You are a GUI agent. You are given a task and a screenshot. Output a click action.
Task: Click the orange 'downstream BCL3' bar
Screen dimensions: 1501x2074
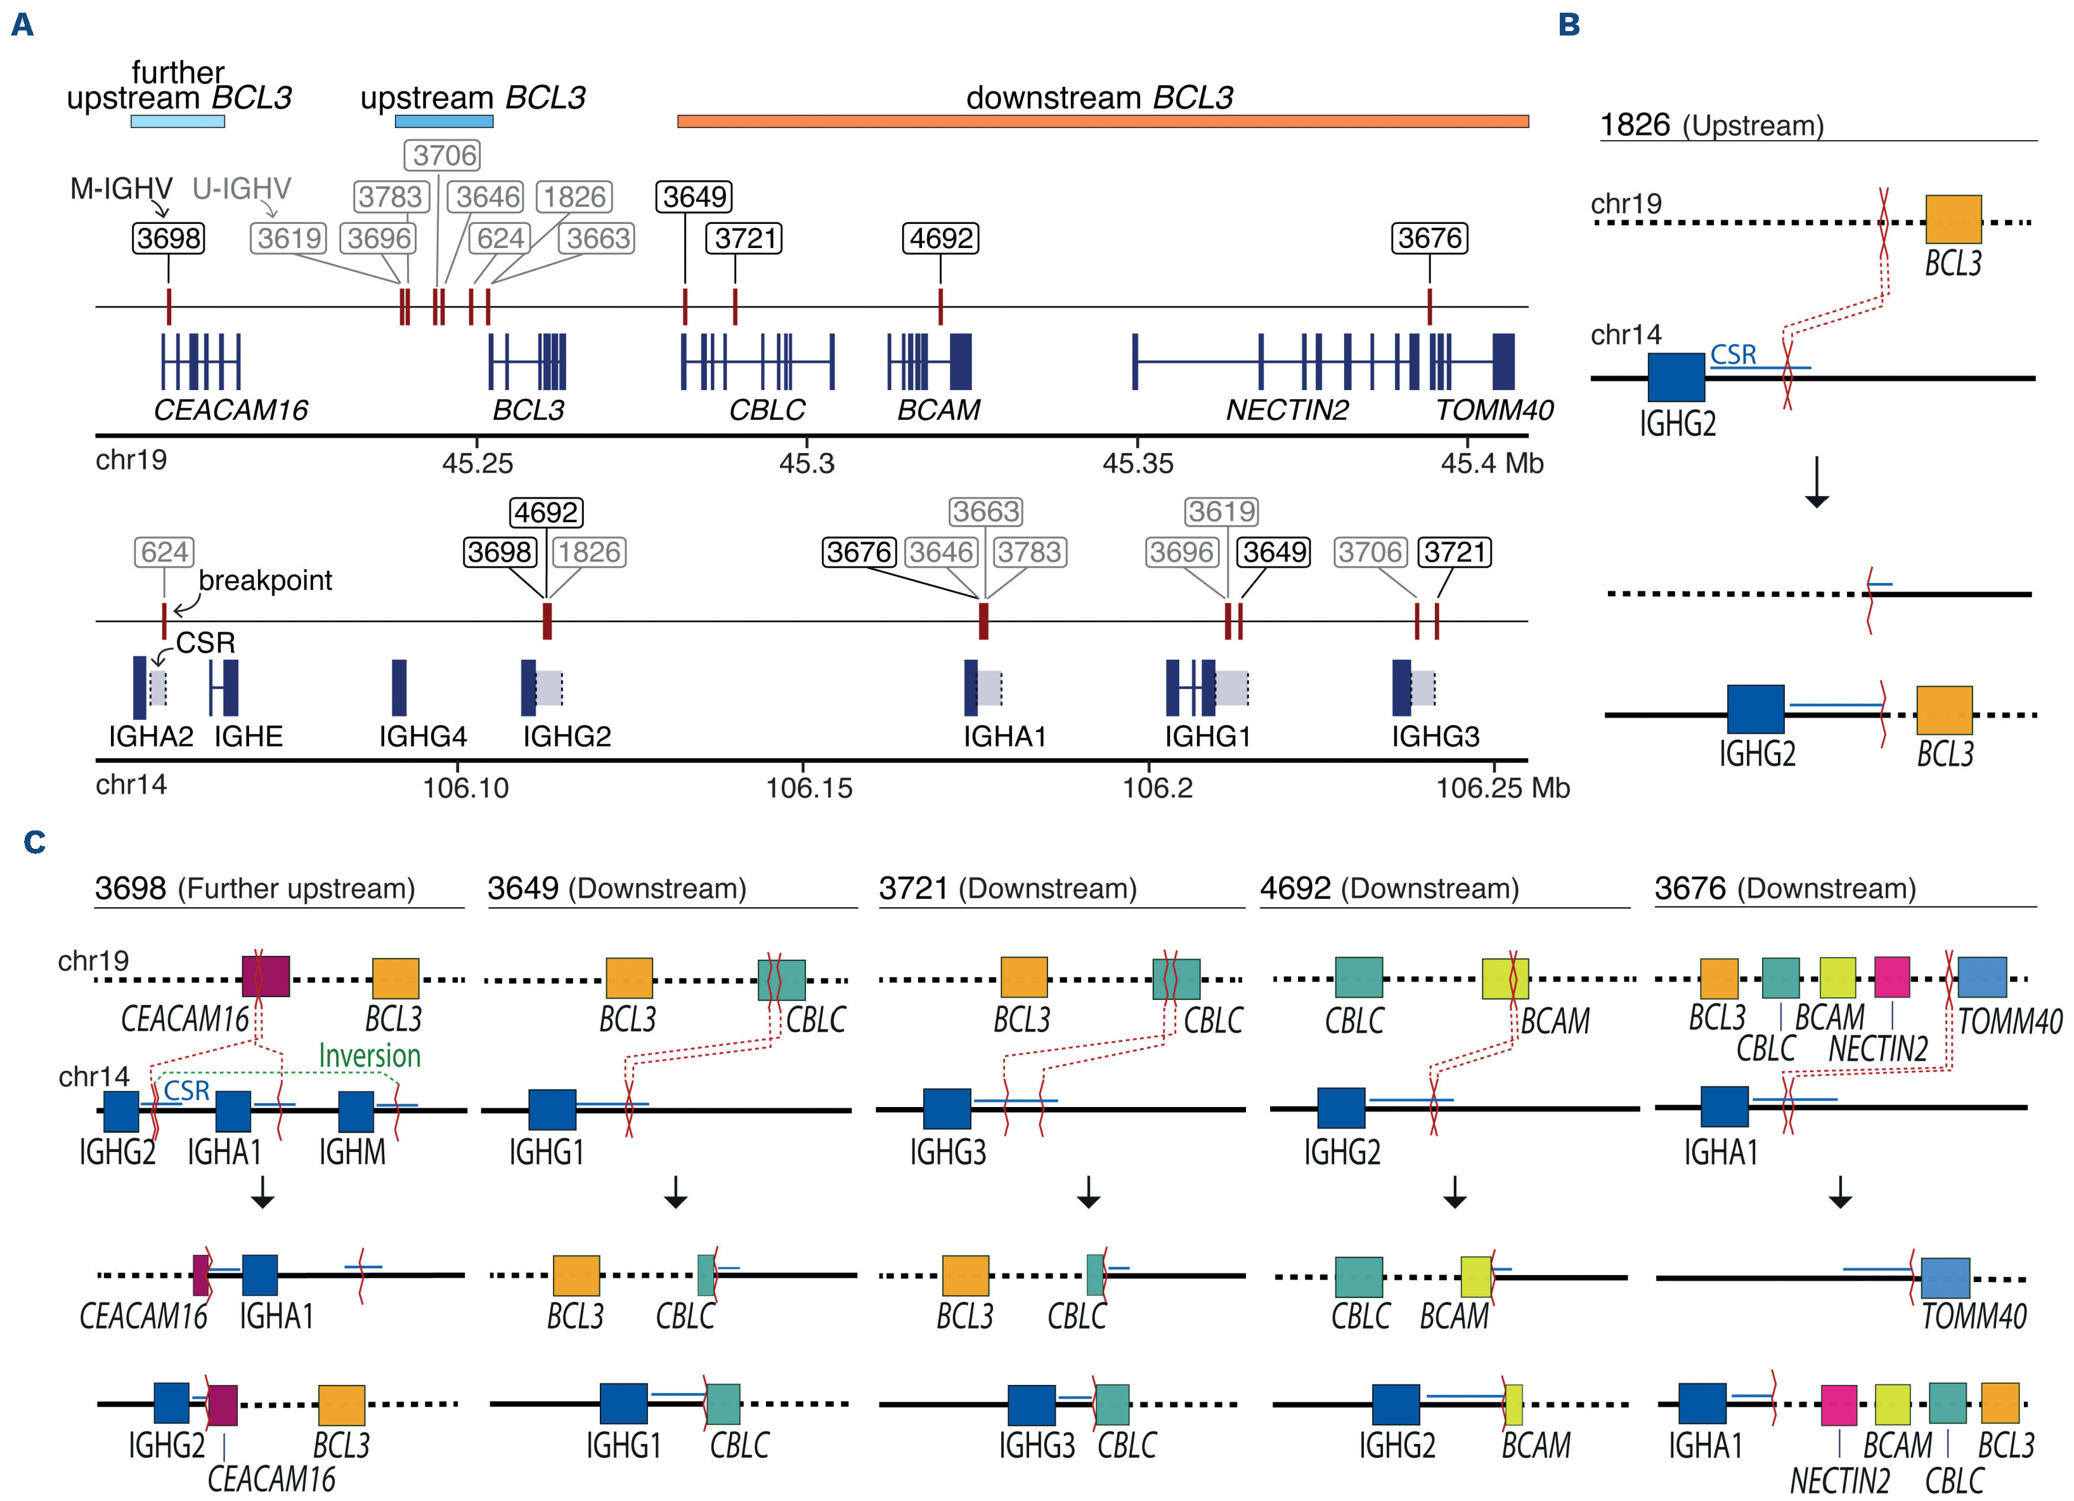[1102, 121]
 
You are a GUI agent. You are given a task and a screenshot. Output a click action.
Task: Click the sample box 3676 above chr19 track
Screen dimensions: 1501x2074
[1429, 238]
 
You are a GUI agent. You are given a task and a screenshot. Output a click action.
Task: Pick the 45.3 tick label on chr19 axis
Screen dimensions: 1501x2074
[807, 464]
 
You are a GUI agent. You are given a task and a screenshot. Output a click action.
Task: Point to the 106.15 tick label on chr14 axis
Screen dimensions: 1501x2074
[808, 787]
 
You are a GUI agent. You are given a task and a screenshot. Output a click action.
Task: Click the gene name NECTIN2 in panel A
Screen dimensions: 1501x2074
[1287, 410]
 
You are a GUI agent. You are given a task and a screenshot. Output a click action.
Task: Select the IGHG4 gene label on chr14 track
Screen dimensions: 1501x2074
[422, 737]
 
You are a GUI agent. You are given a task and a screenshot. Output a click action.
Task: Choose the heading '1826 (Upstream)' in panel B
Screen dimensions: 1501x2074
[1711, 126]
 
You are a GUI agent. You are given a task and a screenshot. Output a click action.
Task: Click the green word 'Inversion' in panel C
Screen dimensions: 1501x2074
[370, 1056]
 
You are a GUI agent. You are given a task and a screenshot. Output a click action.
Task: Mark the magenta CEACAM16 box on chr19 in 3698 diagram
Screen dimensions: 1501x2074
[265, 977]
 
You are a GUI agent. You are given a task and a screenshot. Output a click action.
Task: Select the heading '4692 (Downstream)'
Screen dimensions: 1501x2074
[1389, 888]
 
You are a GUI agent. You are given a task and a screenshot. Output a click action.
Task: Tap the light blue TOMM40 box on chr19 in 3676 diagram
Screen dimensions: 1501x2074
[1981, 977]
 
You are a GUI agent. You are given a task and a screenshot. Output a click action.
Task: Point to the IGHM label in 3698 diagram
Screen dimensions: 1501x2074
[352, 1151]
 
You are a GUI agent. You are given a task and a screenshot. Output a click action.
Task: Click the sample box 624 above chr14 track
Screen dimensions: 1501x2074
[165, 551]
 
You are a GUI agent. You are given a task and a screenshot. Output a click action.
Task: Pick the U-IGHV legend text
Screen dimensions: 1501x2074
[242, 188]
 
